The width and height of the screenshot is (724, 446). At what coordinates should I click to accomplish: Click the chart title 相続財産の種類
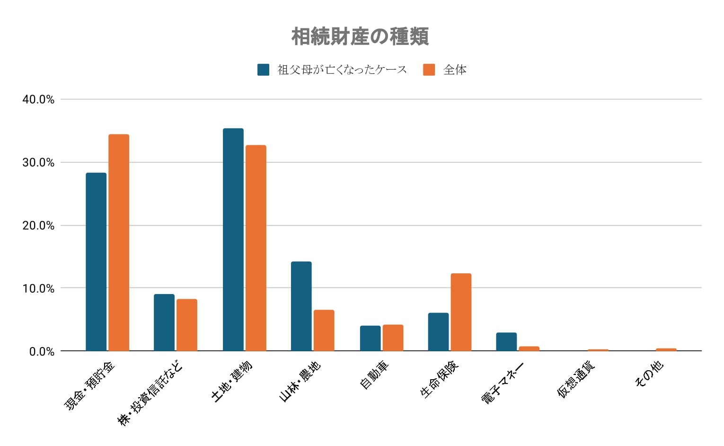click(x=360, y=36)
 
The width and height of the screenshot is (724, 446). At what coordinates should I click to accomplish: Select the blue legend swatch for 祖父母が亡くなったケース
click(x=263, y=70)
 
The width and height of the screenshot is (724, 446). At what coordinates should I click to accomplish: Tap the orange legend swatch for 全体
click(x=429, y=70)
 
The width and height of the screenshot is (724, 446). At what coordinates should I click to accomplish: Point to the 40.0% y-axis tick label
click(x=38, y=99)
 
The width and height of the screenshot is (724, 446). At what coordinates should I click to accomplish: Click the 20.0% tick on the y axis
click(x=38, y=225)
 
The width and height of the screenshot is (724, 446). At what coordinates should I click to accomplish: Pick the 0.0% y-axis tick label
click(x=42, y=351)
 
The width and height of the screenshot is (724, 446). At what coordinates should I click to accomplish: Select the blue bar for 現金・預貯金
click(x=96, y=262)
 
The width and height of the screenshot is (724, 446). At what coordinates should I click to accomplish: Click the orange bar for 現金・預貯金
click(x=119, y=242)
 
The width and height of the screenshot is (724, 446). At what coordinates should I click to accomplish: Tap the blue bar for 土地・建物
click(x=233, y=240)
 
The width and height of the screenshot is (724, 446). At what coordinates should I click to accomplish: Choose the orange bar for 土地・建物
click(x=256, y=248)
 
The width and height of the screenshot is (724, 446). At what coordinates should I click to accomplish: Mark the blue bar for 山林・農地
click(x=301, y=306)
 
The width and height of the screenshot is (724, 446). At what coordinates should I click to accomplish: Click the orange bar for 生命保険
click(x=461, y=312)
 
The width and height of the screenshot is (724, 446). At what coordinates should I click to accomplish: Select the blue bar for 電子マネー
click(x=506, y=341)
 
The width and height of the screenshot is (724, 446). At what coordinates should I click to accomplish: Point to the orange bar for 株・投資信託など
click(x=187, y=325)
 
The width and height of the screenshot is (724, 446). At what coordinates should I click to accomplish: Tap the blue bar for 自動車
click(x=370, y=338)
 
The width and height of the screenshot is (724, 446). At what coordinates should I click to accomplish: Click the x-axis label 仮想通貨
click(x=576, y=380)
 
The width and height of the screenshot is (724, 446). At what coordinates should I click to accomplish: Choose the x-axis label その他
click(x=649, y=374)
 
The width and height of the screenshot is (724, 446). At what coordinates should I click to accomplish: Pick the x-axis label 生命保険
click(x=439, y=380)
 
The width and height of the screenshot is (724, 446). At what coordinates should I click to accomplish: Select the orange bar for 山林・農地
click(x=324, y=330)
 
